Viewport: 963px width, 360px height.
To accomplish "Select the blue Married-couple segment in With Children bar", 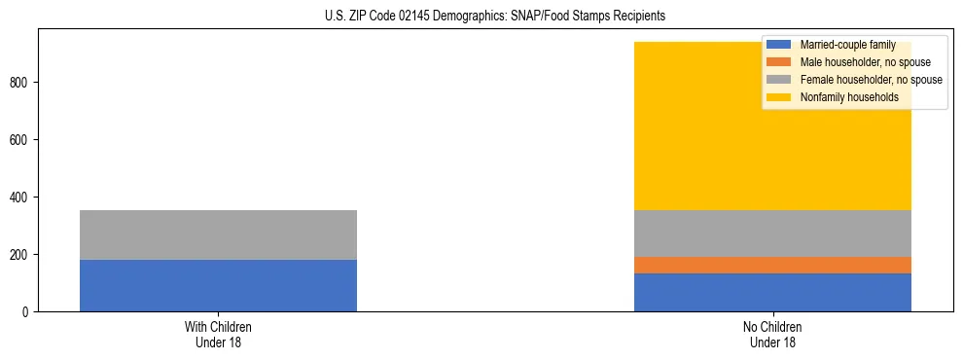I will tap(218, 285).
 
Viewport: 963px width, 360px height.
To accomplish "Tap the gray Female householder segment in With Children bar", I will tap(218, 234).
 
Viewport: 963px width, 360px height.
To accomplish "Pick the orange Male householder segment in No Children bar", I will tap(772, 265).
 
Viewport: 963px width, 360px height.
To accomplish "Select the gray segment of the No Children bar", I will tap(772, 234).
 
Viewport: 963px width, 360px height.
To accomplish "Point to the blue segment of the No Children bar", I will tap(772, 292).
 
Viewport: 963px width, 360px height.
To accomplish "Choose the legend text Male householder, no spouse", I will tap(865, 62).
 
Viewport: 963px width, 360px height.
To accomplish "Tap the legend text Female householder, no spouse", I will tap(871, 80).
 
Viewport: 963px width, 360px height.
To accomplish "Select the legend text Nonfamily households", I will tap(849, 97).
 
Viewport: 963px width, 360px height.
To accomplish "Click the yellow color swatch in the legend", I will tap(779, 97).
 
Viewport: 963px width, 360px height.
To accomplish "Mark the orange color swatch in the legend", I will tap(779, 62).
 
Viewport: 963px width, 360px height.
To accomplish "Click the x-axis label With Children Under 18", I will tap(218, 335).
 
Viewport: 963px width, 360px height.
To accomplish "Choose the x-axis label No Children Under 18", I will tap(772, 335).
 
